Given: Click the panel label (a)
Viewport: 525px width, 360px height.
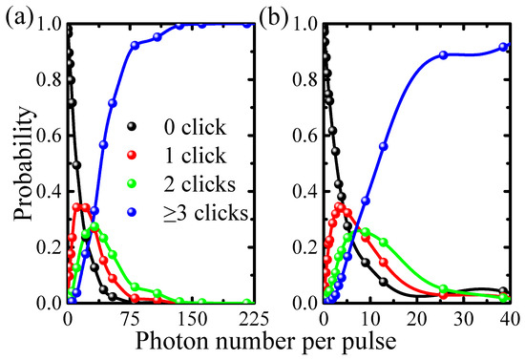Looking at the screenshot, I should [22, 16].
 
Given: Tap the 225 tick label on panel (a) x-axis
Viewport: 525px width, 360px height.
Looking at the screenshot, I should [242, 317].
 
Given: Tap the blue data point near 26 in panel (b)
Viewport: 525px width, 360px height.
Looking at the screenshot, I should [443, 55].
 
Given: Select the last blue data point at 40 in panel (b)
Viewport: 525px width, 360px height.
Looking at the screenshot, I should [506, 46].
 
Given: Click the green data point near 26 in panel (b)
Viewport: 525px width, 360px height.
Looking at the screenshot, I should [443, 287].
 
